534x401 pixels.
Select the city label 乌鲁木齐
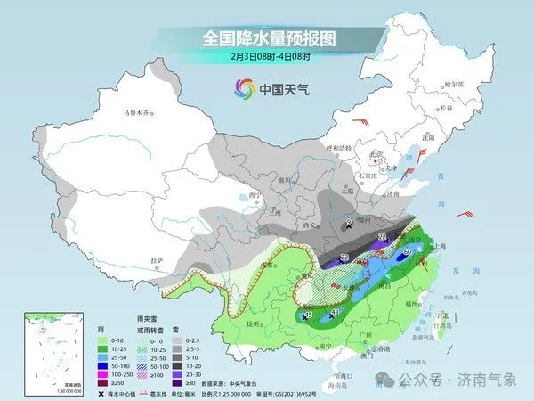139,113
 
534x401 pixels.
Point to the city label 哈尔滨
454,83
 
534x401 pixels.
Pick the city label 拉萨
158,259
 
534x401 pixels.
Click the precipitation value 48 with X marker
336,312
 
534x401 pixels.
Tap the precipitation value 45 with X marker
308,315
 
